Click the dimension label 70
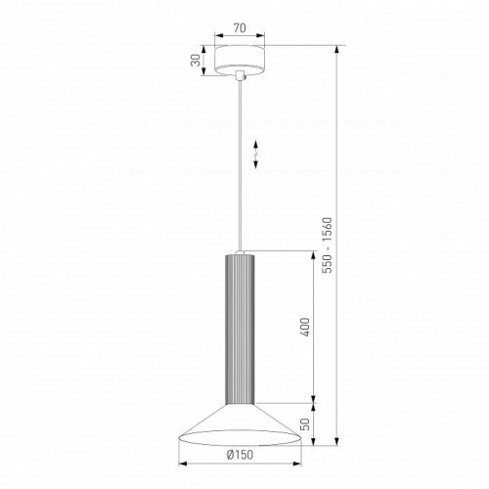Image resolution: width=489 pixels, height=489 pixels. [x=240, y=28]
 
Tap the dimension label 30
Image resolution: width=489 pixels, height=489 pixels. [x=196, y=61]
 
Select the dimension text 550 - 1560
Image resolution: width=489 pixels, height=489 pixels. [x=327, y=245]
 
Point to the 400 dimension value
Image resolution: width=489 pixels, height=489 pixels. [x=305, y=327]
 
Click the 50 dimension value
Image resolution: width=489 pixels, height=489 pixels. [x=305, y=424]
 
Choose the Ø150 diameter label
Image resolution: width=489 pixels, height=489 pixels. [x=241, y=455]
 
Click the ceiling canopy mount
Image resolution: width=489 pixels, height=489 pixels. [x=240, y=60]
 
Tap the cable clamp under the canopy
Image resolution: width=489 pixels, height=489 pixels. [x=240, y=75]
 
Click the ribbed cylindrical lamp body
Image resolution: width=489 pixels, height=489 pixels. [x=240, y=330]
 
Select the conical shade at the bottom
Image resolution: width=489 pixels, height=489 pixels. [x=240, y=424]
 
